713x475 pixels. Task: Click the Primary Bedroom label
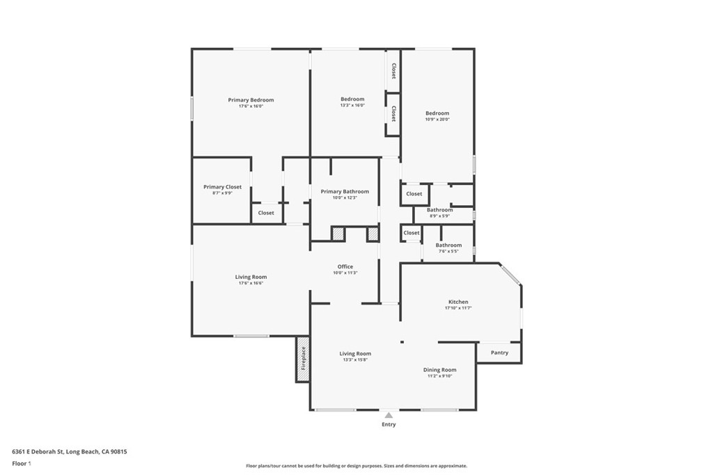251,100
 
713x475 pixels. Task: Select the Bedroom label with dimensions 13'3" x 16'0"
352,99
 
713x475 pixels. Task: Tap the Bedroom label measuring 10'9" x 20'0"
437,113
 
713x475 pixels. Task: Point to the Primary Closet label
222,187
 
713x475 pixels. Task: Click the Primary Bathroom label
345,192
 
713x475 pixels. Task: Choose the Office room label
345,267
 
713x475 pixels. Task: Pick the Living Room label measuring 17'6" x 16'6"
251,277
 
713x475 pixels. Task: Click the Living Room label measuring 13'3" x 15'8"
355,354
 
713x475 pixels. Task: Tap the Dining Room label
439,370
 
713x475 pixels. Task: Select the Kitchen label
458,303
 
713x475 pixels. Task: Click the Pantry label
499,353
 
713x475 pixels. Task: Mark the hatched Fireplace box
303,359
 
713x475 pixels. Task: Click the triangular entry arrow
389,415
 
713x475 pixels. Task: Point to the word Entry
389,425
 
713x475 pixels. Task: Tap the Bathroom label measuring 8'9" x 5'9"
439,210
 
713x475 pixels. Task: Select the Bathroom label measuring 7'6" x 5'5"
448,245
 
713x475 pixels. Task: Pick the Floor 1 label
22,463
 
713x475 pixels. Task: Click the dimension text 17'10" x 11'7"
458,308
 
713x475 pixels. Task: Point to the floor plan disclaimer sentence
356,466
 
